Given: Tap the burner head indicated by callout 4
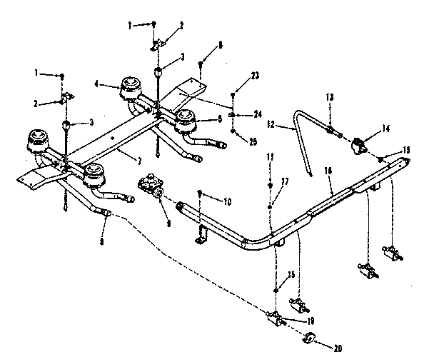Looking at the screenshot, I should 131,89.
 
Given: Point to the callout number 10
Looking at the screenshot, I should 227,202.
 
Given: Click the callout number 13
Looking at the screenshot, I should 330,96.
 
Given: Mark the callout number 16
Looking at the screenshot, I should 328,171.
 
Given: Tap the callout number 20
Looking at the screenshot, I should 338,348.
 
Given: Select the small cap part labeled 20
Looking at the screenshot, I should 311,338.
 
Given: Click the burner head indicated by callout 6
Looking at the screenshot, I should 187,123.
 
